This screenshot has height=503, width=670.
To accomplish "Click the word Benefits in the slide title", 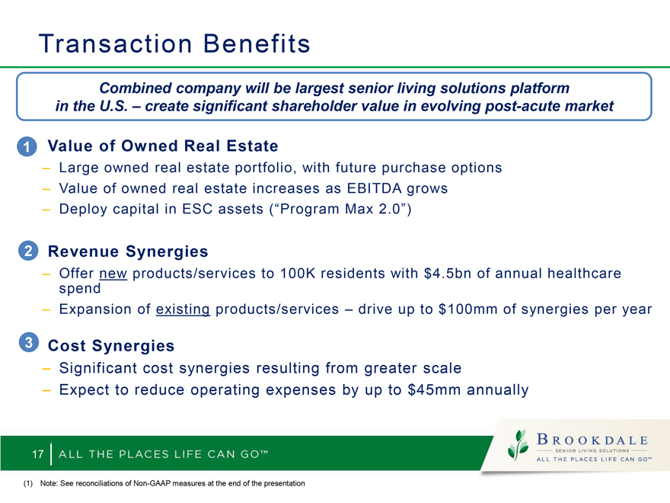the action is (x=257, y=43).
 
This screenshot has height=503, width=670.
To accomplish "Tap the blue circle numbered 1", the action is (x=27, y=146).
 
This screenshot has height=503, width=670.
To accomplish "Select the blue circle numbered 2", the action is (x=28, y=251).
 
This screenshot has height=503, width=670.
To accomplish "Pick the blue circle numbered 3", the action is (x=29, y=342).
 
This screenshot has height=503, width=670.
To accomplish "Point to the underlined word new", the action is (x=113, y=274).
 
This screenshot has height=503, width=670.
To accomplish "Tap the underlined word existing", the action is (x=183, y=309).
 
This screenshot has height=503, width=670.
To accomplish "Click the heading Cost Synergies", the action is (x=111, y=346).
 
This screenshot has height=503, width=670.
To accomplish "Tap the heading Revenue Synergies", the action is (x=128, y=251).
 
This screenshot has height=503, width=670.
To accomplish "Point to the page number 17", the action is (x=38, y=453).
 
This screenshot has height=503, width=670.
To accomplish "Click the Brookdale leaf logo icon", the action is (x=518, y=445).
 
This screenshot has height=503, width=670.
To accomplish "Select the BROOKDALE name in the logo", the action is (x=592, y=440).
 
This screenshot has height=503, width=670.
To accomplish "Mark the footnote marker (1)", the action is (x=28, y=483).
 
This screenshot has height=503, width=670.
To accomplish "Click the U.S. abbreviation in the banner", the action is (x=113, y=106).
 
